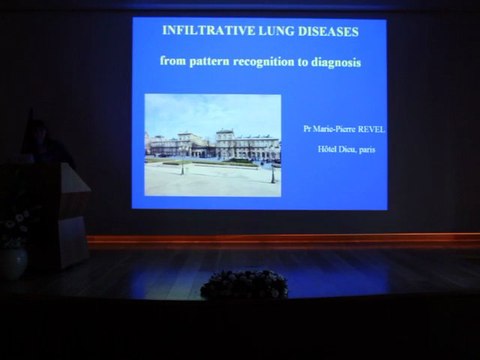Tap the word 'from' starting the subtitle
click(x=173, y=62)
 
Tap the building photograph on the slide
click(x=212, y=144)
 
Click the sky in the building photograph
click(x=212, y=110)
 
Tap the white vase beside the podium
click(x=13, y=262)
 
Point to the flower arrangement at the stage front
click(x=243, y=284)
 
